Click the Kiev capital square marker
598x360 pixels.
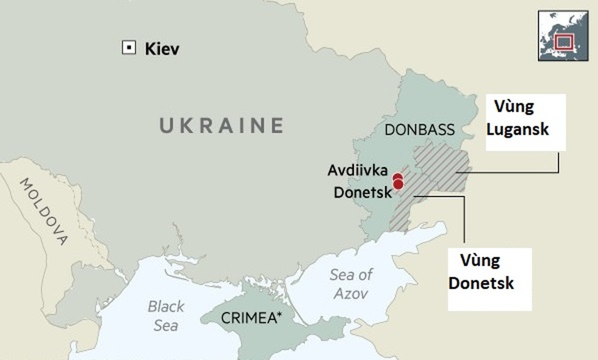click(x=129, y=48)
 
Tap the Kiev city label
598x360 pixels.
click(x=162, y=49)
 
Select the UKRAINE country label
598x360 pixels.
click(x=222, y=125)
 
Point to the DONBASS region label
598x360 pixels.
click(x=419, y=129)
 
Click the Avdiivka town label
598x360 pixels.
click(x=357, y=170)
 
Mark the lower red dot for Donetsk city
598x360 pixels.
click(x=398, y=184)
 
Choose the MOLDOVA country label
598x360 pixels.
click(x=44, y=211)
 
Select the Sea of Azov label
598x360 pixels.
click(x=350, y=284)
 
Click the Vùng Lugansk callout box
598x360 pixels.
click(x=525, y=122)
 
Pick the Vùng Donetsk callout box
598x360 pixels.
click(x=489, y=279)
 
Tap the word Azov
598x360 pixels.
click(x=350, y=293)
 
